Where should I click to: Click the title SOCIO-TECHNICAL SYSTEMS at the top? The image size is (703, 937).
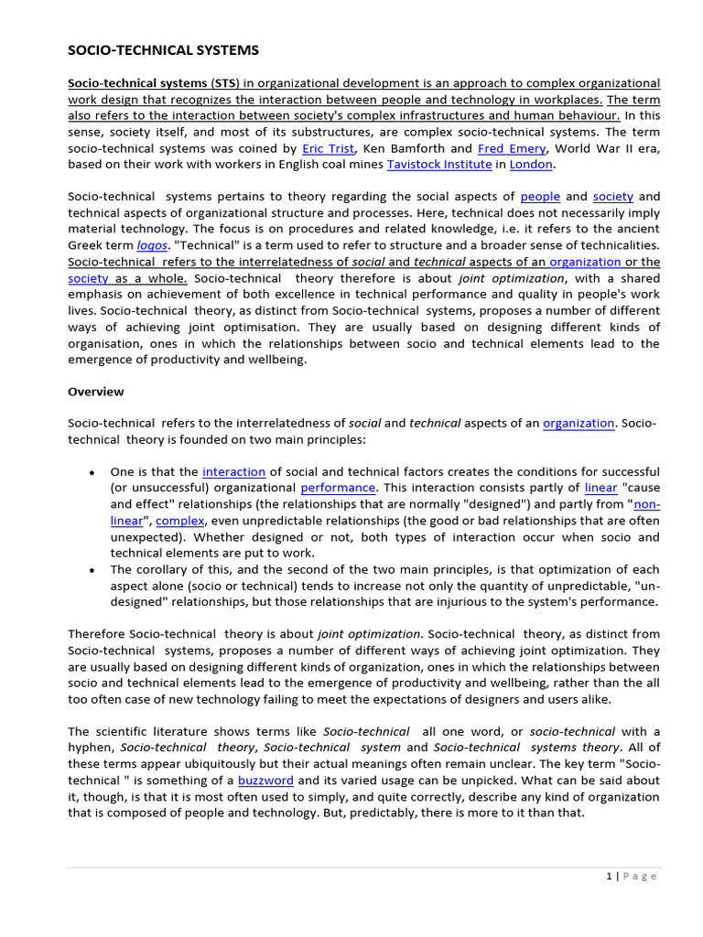point(163,50)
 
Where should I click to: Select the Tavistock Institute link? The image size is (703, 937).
point(438,165)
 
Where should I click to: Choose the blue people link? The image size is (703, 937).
point(539,197)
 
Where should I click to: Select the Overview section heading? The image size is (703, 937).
point(96,392)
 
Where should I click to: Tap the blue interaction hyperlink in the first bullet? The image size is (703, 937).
point(233,472)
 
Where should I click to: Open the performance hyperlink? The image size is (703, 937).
point(338,489)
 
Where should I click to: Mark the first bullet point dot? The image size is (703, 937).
point(92,473)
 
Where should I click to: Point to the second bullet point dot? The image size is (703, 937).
point(92,570)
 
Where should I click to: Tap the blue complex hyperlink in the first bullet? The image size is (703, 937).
point(180,521)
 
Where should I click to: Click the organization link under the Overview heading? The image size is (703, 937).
point(579,423)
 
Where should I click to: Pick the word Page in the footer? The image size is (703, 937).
point(642,876)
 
